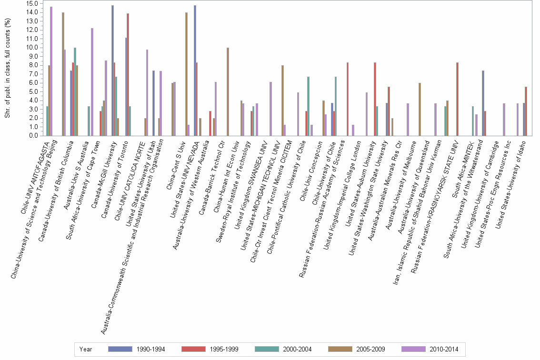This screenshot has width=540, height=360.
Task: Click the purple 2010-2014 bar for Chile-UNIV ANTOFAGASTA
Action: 51,71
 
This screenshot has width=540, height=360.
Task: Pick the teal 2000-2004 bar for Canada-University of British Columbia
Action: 75,91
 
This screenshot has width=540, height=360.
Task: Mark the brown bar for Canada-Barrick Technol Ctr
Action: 228,91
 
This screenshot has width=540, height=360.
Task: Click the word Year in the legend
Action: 86,350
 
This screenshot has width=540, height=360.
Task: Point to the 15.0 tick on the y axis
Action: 32,3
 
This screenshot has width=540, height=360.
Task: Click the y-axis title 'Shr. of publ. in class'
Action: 7,71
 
